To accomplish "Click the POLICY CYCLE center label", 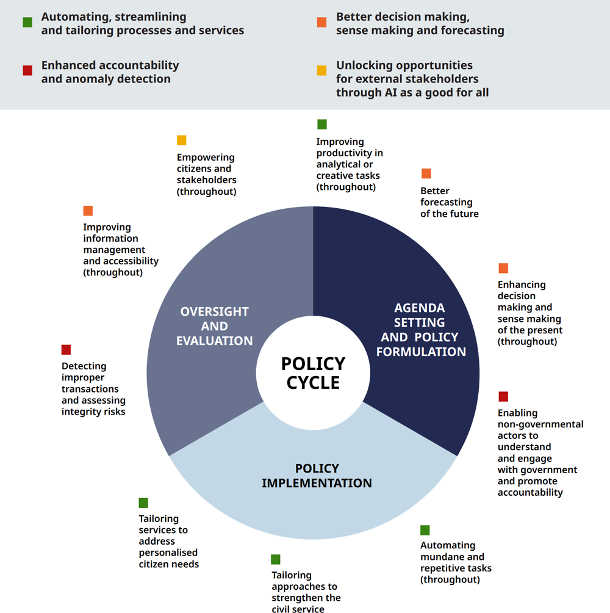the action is point(313,373).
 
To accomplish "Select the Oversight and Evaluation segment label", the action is point(214,326).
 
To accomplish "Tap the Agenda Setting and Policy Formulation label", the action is point(421,330).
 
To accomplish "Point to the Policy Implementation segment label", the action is point(317,476).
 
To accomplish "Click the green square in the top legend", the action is point(27,22).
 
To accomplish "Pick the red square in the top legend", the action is point(27,70).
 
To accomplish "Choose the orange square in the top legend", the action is point(322,22).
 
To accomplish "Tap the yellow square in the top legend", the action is point(322,70).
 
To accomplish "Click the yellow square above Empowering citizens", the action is point(182,140).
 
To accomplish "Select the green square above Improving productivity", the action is point(322,125).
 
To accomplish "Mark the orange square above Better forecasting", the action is point(426,173).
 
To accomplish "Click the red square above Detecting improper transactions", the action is point(66,349).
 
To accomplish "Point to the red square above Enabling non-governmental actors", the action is point(503,396).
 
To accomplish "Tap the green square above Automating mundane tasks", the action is point(425,530).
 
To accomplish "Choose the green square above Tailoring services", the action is point(143,502).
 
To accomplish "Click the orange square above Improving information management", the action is point(88,211).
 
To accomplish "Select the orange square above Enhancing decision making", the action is point(503,268).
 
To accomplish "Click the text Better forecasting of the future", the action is point(450,202).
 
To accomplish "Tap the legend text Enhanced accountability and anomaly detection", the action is point(110,72).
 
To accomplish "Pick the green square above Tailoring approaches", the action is point(276,559).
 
